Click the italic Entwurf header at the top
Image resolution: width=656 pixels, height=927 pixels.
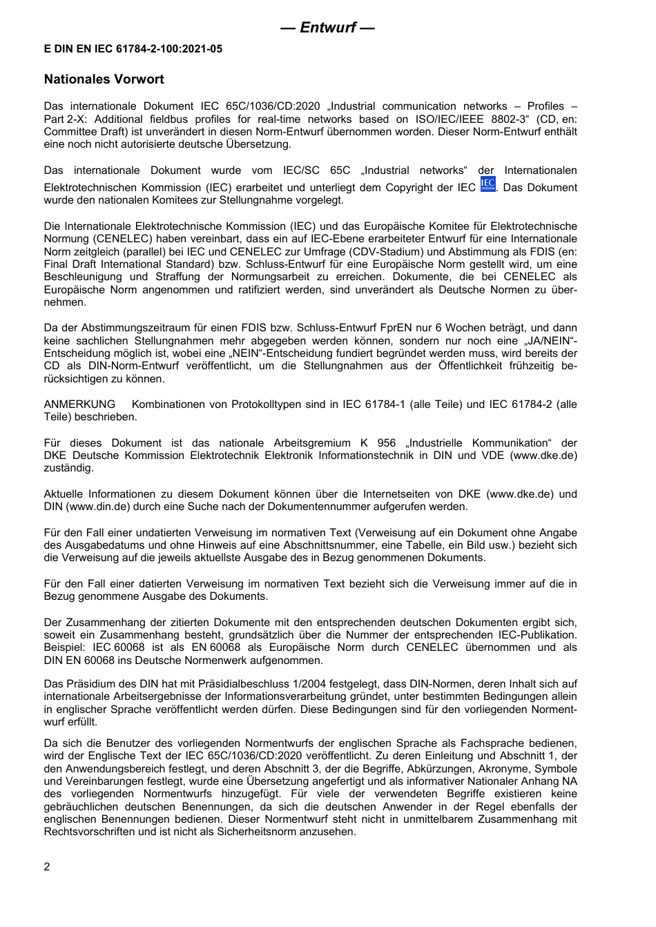pos(328,28)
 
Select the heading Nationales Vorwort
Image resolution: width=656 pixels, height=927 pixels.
pos(104,79)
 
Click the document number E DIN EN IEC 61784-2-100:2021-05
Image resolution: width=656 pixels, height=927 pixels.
pos(133,49)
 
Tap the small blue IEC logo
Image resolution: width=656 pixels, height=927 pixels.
pos(488,184)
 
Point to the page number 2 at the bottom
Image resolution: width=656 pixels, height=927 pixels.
pos(47,867)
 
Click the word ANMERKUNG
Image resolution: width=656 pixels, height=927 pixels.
pos(79,404)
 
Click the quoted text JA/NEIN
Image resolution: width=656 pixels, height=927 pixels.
pos(546,341)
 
